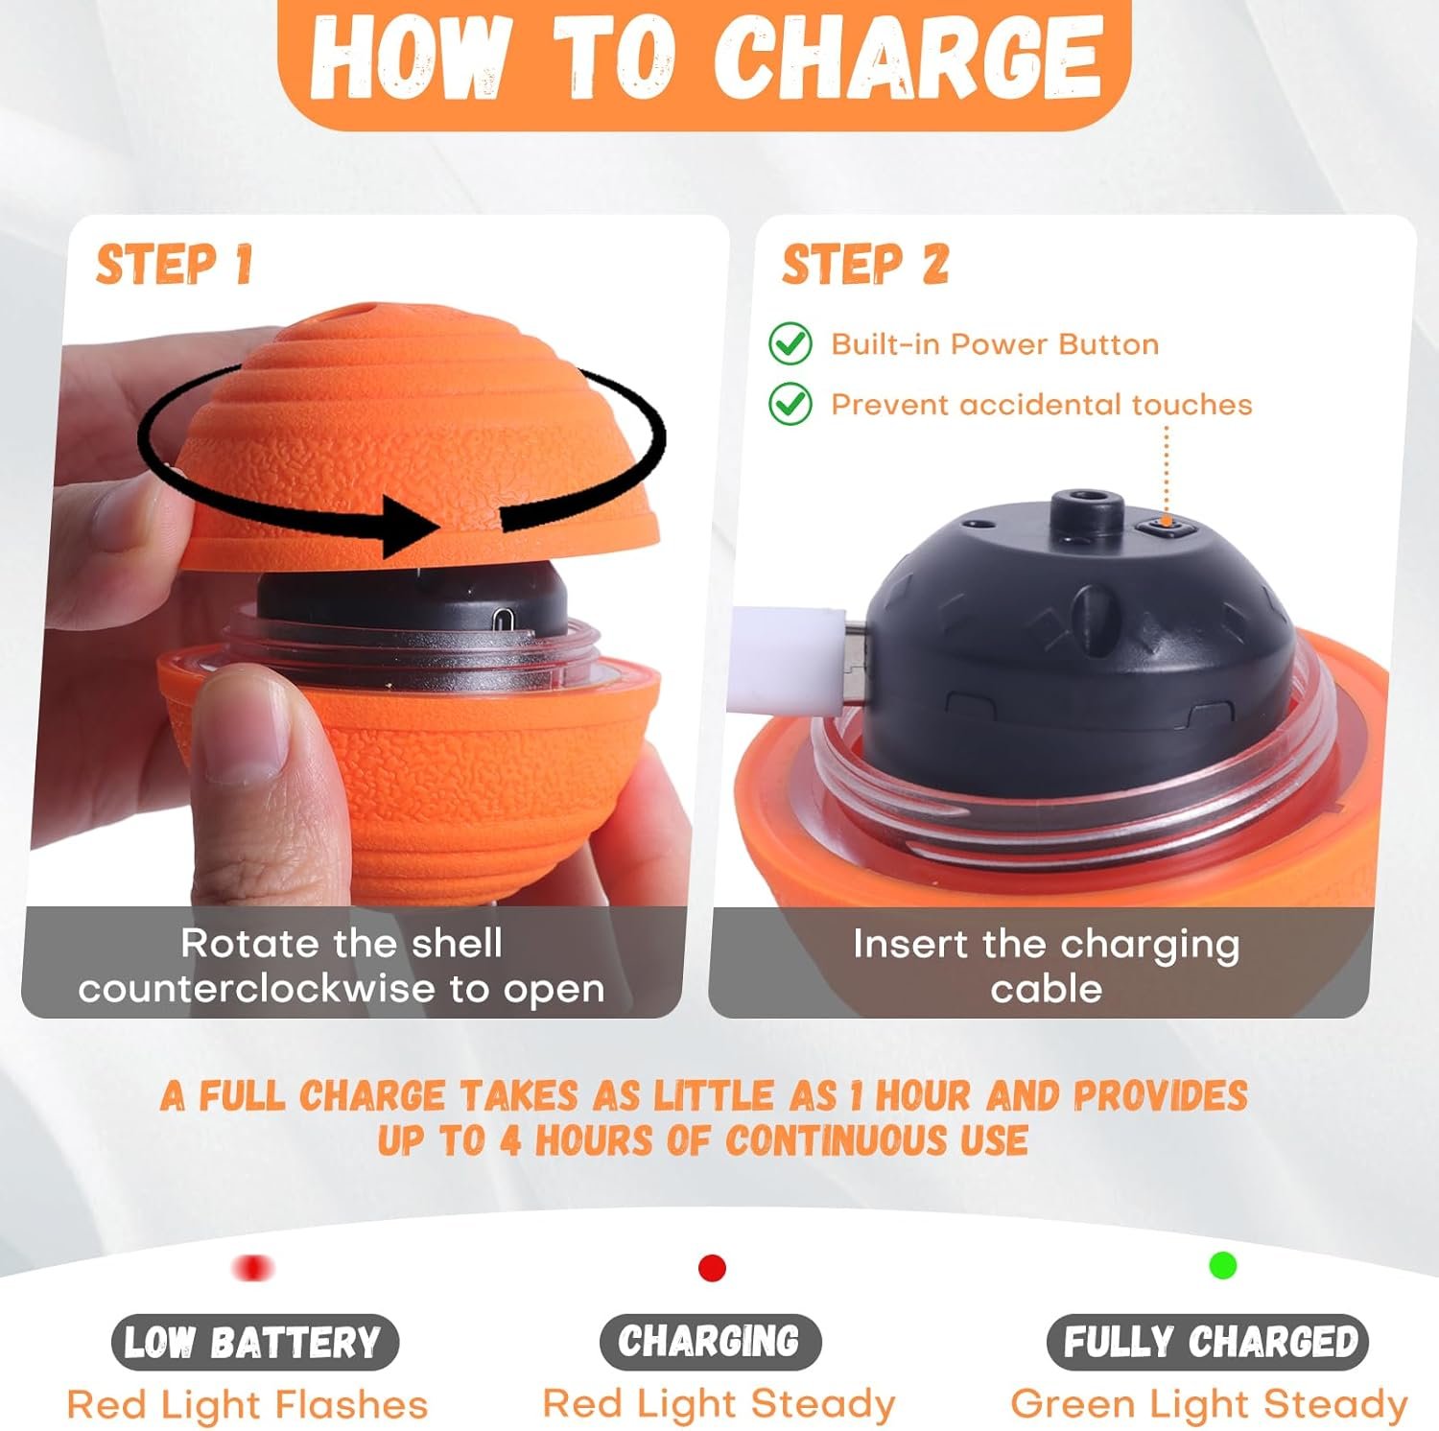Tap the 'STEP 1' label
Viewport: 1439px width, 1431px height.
(174, 265)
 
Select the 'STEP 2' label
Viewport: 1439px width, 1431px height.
(865, 265)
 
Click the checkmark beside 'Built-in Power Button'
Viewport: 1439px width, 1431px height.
(790, 343)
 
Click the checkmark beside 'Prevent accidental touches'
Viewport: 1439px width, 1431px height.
(790, 404)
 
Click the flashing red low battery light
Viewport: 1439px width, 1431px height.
(253, 1268)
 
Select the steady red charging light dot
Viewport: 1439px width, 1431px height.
(712, 1268)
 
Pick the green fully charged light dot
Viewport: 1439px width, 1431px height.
(1222, 1266)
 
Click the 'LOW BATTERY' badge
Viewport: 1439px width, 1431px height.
(253, 1342)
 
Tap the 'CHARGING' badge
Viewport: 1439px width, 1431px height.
(710, 1341)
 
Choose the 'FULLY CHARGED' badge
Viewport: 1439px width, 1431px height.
(1208, 1341)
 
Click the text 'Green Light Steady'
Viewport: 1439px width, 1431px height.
(1209, 1404)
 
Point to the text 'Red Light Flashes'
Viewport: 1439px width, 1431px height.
(248, 1405)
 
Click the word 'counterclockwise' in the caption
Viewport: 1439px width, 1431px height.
(256, 989)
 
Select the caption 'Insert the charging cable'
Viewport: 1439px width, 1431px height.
(1046, 966)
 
